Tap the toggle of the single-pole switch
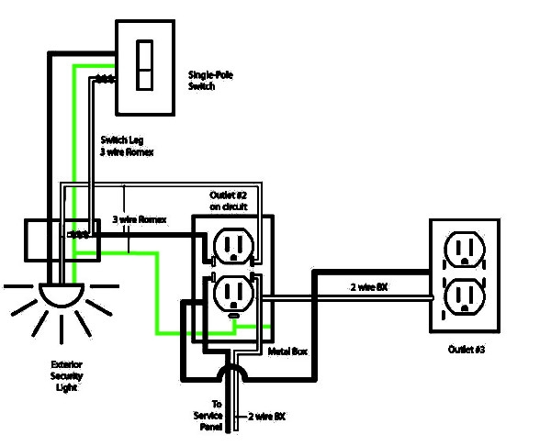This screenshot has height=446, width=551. pos(144,63)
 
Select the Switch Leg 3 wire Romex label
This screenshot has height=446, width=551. pos(127,146)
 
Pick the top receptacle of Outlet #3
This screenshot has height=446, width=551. pos(464,248)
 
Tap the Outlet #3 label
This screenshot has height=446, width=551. pos(467,350)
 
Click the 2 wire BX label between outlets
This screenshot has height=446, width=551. pos(370,287)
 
